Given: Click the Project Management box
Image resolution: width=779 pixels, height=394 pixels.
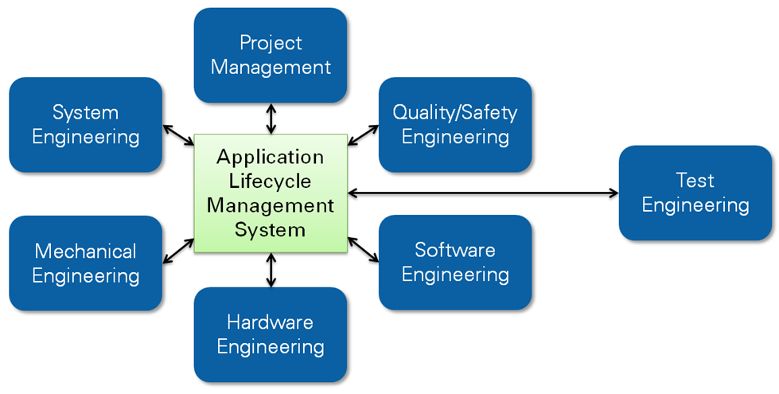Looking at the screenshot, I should (271, 55).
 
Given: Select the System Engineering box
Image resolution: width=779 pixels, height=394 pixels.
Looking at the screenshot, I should (86, 124).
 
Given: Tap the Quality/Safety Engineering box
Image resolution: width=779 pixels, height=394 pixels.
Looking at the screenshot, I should (455, 124).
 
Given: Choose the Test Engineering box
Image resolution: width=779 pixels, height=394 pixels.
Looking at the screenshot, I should (695, 193).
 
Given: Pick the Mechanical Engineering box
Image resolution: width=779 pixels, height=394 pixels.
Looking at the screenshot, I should (86, 263).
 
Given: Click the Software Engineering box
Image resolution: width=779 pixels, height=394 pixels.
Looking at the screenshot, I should (455, 263).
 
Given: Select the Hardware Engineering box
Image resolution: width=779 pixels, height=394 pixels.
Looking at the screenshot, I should (271, 334).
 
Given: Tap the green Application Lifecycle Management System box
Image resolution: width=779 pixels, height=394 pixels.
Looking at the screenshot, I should (271, 193).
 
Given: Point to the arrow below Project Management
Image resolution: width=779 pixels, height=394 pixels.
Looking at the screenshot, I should (271, 119).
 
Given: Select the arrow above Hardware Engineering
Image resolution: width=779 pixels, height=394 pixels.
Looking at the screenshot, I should (271, 270).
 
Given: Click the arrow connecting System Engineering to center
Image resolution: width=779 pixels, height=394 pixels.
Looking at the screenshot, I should (178, 135).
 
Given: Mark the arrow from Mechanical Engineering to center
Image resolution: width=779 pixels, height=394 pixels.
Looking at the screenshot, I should (178, 250).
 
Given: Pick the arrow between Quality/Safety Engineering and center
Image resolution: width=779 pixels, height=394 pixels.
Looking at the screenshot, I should (364, 135).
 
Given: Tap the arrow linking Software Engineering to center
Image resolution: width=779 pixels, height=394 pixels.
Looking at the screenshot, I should (364, 249).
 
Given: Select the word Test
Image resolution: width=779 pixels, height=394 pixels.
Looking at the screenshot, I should (695, 181).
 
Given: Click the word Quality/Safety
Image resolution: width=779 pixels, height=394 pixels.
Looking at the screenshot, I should (455, 112).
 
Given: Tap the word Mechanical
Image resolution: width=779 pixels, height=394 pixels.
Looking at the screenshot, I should (86, 252).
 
